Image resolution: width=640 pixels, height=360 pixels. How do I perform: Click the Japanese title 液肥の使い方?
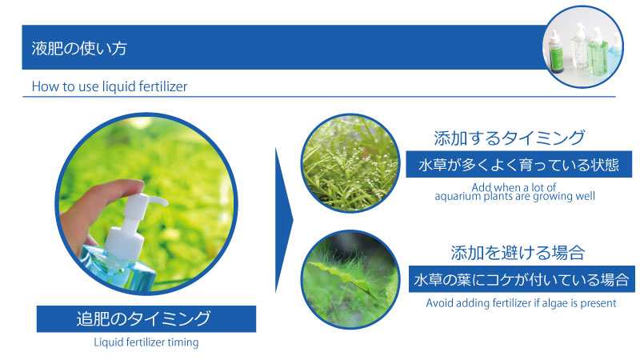coord(79,48)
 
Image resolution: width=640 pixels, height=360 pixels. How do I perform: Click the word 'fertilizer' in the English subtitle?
coord(163,86)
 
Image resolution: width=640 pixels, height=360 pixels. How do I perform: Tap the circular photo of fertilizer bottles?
coord(583,46)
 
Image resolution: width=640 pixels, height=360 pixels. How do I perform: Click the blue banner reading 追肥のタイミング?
coord(146,318)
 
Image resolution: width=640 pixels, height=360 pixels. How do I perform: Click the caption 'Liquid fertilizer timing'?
coord(146,342)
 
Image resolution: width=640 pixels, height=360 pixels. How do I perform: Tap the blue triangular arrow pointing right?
coord(284,221)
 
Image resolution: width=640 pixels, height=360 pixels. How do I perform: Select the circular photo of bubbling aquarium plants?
coord(350,163)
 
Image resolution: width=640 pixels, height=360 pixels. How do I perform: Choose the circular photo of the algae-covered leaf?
coord(350,279)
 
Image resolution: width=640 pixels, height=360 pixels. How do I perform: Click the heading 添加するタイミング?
coord(510,138)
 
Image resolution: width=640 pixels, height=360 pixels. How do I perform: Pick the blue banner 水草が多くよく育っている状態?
coord(518,164)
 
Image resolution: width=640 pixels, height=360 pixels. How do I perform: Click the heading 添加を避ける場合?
coord(518,253)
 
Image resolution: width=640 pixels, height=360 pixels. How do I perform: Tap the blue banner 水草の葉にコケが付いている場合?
coord(522,279)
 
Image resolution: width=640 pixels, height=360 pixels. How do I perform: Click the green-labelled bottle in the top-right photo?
coord(556,52)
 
